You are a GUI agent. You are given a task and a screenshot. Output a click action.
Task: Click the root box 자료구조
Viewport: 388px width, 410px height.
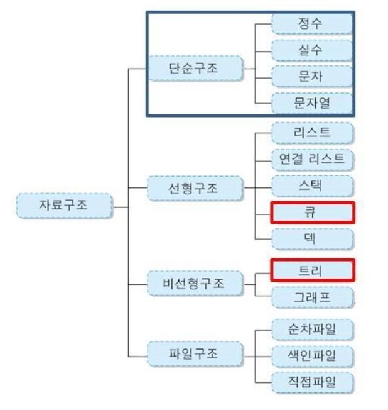tap(64, 206)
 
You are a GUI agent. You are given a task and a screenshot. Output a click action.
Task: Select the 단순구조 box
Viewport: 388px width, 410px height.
tap(195, 68)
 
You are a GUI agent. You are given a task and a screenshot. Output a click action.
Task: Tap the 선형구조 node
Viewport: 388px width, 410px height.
tap(195, 187)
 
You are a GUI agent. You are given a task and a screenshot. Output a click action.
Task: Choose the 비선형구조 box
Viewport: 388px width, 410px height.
tap(195, 284)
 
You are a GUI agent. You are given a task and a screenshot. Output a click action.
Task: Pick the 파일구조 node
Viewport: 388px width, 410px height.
tap(195, 354)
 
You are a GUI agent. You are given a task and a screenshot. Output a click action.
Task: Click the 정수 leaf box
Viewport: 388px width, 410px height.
tap(312, 24)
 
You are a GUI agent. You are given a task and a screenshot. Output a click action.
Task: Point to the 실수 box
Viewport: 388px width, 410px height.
tap(312, 50)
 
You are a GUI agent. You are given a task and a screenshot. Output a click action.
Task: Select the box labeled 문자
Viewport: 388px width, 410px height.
tap(312, 77)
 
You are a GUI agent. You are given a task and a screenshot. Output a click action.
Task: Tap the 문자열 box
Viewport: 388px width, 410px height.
tap(312, 102)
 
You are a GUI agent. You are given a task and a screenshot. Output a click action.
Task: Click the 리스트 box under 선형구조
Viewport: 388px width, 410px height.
tap(312, 133)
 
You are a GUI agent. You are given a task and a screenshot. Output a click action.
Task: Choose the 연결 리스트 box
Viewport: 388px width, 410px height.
tap(312, 160)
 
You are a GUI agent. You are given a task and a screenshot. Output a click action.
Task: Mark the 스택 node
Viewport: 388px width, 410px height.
tap(312, 186)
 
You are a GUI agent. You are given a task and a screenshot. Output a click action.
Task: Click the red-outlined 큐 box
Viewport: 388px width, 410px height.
tap(312, 213)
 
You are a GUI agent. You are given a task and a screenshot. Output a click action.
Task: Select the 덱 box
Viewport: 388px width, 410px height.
tap(312, 240)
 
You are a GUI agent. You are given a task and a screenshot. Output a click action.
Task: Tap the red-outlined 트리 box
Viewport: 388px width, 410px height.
tap(312, 270)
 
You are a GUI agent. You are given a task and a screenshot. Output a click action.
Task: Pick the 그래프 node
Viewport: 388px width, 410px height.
tap(312, 297)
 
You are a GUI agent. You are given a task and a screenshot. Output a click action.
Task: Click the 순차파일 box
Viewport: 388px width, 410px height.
tap(312, 329)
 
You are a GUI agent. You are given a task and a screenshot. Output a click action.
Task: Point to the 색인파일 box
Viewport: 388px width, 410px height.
tap(312, 355)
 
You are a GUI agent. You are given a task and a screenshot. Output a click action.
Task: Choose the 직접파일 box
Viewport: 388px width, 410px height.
tap(312, 382)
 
